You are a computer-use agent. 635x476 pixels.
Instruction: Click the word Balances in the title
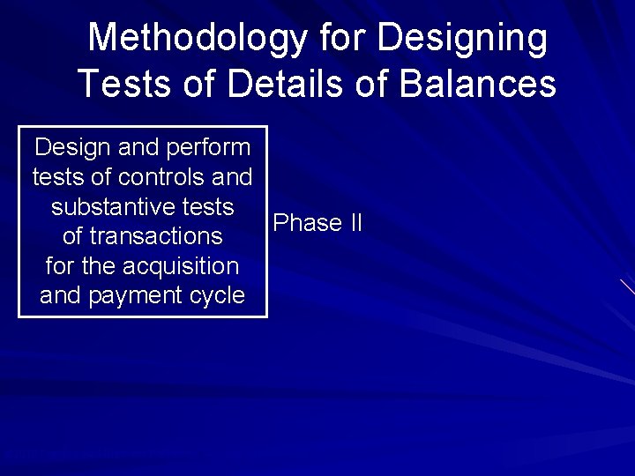tap(478, 84)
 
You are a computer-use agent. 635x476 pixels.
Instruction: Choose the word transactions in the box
tap(155, 236)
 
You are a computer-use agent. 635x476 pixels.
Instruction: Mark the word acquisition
tap(181, 265)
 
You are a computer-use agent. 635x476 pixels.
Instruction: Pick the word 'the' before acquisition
tap(99, 265)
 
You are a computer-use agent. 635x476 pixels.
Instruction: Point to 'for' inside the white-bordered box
tap(60, 265)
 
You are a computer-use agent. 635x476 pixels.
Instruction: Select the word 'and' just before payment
tap(60, 295)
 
